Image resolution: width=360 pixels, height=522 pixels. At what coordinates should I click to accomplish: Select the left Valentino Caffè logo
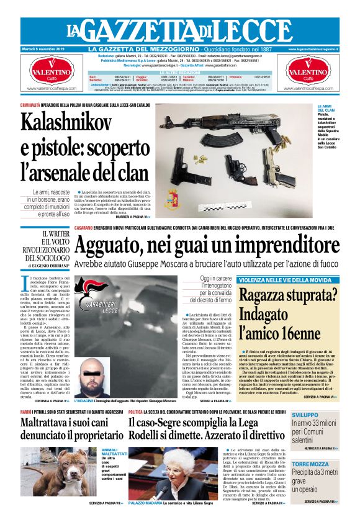tap(52, 75)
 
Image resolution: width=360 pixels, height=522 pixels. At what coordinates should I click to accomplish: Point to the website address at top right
tap(317, 49)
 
